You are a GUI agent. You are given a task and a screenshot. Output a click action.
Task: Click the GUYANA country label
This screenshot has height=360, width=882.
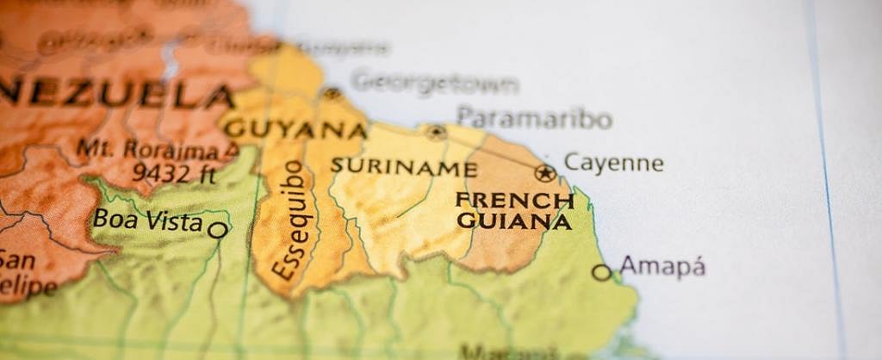(x=295, y=129)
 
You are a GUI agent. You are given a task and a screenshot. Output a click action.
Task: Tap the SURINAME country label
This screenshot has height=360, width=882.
(x=403, y=167)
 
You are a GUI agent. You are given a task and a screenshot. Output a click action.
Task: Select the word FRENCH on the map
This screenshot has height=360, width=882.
(x=514, y=201)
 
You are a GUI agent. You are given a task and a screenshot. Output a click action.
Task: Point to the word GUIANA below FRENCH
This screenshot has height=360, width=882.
(x=514, y=221)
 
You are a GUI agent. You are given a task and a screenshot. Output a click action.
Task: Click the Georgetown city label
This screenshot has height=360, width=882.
(x=434, y=84)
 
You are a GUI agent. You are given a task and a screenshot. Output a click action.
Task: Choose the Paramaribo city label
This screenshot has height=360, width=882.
(x=534, y=117)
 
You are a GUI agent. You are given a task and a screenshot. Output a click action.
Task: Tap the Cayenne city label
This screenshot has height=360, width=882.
(x=613, y=163)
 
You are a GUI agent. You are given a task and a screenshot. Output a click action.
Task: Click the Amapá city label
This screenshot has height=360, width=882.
(x=662, y=266)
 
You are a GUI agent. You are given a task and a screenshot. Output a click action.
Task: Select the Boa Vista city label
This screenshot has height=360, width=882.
(x=147, y=220)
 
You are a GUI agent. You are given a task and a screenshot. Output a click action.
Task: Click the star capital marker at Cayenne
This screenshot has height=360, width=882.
(x=544, y=173)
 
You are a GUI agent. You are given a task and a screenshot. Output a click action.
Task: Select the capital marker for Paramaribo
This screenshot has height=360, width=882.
(x=436, y=133)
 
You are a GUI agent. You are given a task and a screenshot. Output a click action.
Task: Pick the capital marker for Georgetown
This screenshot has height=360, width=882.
(x=332, y=93)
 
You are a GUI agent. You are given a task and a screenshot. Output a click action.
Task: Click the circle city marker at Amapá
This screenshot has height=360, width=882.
(x=601, y=272)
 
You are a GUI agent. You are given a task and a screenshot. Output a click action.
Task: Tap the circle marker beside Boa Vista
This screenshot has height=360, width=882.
(x=218, y=230)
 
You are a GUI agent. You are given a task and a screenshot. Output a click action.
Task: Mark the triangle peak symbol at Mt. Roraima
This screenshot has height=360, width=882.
(x=231, y=151)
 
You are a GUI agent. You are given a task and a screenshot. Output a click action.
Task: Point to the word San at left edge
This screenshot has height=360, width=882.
(x=16, y=259)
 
